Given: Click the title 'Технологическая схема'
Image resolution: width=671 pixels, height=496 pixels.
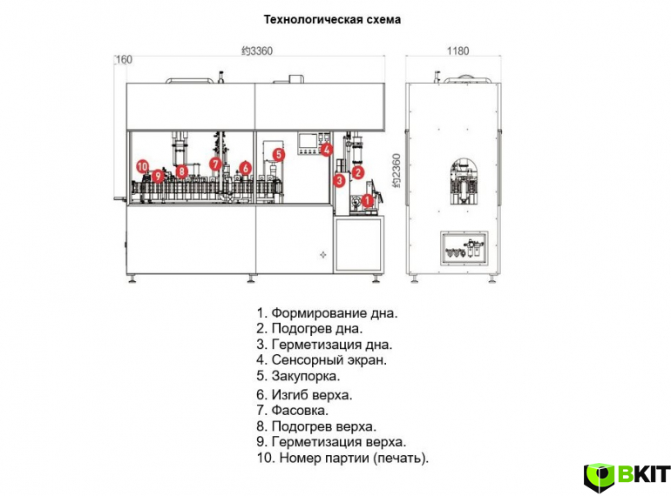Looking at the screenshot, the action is coord(332,20).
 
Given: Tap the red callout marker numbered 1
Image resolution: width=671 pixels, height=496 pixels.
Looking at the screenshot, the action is coord(367,200).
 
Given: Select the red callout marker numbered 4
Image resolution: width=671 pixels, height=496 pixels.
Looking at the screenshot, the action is coord(327,150).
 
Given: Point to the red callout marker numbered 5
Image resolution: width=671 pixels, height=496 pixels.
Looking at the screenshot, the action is coord(279,154).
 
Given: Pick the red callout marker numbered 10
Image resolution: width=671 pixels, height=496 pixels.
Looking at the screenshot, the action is coord(143,166).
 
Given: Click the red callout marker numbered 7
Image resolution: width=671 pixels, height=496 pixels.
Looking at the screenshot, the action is coord(216,164).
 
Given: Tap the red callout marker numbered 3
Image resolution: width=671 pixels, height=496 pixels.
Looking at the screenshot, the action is coord(339,180).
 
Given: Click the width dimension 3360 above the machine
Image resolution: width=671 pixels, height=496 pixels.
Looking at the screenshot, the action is coord(257,50).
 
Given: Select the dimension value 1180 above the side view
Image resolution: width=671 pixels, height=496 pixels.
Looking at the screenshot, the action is coord(457,50).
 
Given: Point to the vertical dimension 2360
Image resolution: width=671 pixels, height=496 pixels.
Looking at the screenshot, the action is coord(396,171).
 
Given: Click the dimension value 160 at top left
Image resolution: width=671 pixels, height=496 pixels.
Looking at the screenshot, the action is coord(124,59).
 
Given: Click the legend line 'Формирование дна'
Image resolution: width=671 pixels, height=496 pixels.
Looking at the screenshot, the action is coord(327,313).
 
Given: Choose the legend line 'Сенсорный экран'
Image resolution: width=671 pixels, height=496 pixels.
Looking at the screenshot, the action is coord(322,359).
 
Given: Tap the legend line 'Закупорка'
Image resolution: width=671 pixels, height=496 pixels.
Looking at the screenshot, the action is coord(298,376).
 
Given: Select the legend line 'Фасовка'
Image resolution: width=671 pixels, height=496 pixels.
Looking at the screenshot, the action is coord(292,411).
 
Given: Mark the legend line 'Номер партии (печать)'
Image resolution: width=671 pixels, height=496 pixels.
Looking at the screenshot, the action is coord(342,458).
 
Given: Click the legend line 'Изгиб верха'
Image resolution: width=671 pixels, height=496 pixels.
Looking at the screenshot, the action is coord(304,395).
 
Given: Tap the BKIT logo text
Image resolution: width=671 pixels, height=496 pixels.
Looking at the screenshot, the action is coord(643,474).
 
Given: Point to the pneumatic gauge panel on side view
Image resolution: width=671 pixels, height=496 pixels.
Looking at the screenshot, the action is coord(464,249).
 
